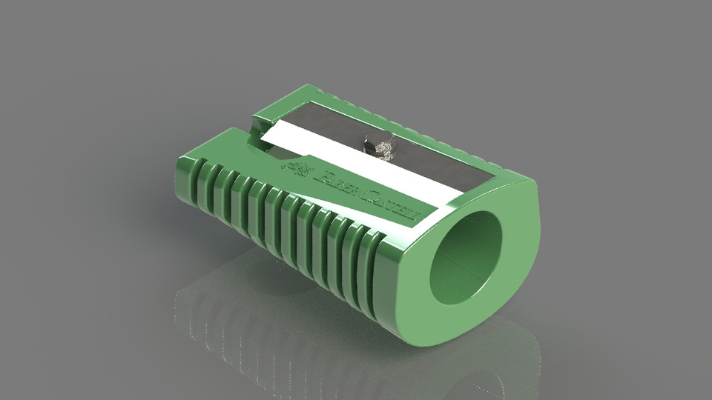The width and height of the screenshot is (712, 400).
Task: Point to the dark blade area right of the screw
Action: click(438, 167)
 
